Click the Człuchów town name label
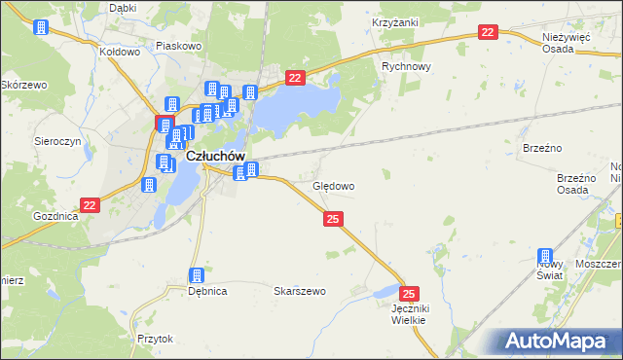click(x=213, y=156)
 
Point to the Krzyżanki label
click(x=394, y=20)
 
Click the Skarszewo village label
click(x=299, y=291)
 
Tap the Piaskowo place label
click(x=178, y=45)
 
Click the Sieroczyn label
click(x=57, y=140)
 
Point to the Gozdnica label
click(x=55, y=215)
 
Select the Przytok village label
click(x=155, y=339)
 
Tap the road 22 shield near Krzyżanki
click(x=489, y=33)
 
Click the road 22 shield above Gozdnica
click(x=90, y=205)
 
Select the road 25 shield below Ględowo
click(x=333, y=221)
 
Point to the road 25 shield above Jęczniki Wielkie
click(x=410, y=293)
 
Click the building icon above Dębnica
click(x=197, y=276)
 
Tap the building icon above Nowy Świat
click(x=545, y=257)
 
